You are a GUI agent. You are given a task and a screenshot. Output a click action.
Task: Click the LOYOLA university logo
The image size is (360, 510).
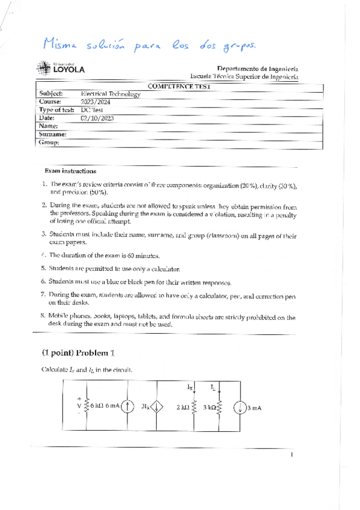(x=60, y=69)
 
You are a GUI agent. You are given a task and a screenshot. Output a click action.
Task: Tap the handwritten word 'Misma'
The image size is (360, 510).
(x=63, y=43)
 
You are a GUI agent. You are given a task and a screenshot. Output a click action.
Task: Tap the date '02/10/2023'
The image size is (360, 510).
(x=97, y=118)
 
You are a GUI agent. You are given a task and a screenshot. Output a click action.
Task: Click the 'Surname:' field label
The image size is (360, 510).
(x=52, y=135)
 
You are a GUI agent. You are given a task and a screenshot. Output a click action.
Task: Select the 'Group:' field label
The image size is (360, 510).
(x=49, y=143)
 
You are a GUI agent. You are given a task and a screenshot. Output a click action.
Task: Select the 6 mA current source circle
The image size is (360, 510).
(x=128, y=407)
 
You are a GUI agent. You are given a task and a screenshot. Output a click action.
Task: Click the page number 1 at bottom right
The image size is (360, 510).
(x=291, y=455)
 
